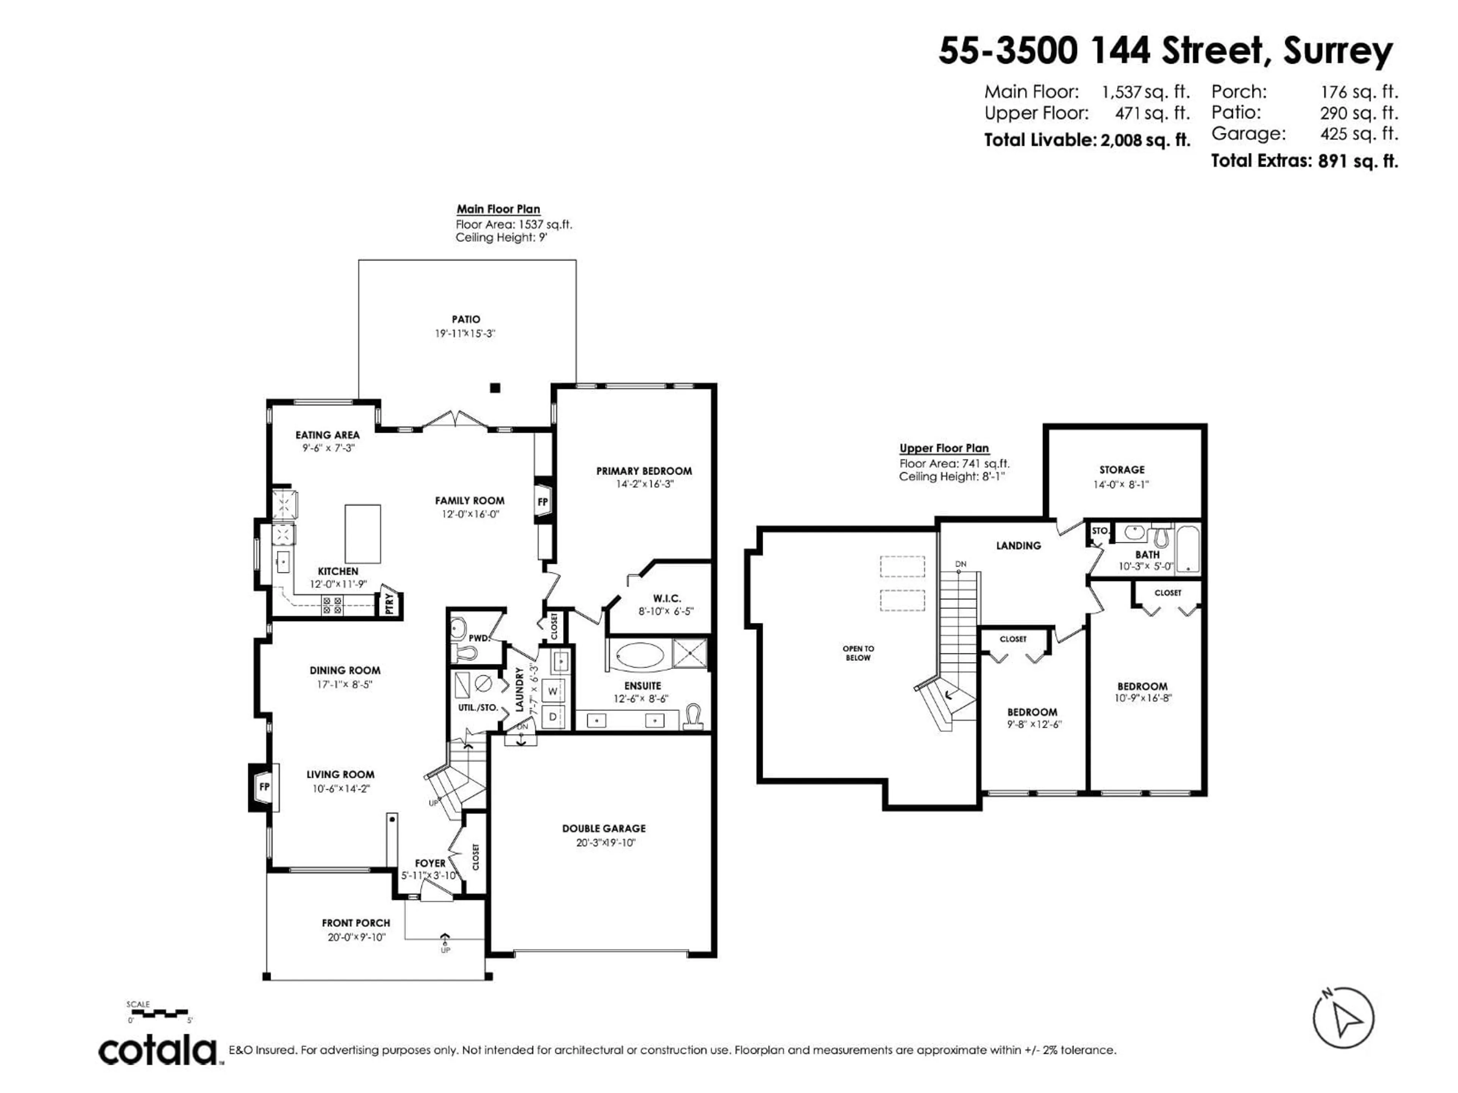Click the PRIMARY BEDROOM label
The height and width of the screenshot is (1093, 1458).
pyautogui.click(x=644, y=471)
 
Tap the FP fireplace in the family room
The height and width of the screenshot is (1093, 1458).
pyautogui.click(x=543, y=502)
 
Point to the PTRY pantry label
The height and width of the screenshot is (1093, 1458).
pyautogui.click(x=390, y=603)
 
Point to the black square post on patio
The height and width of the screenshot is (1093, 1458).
pyautogui.click(x=495, y=388)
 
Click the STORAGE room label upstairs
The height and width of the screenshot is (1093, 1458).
pyautogui.click(x=1122, y=470)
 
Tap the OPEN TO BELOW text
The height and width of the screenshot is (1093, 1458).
pyautogui.click(x=858, y=653)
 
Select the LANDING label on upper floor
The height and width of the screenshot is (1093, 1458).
pyautogui.click(x=1018, y=545)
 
